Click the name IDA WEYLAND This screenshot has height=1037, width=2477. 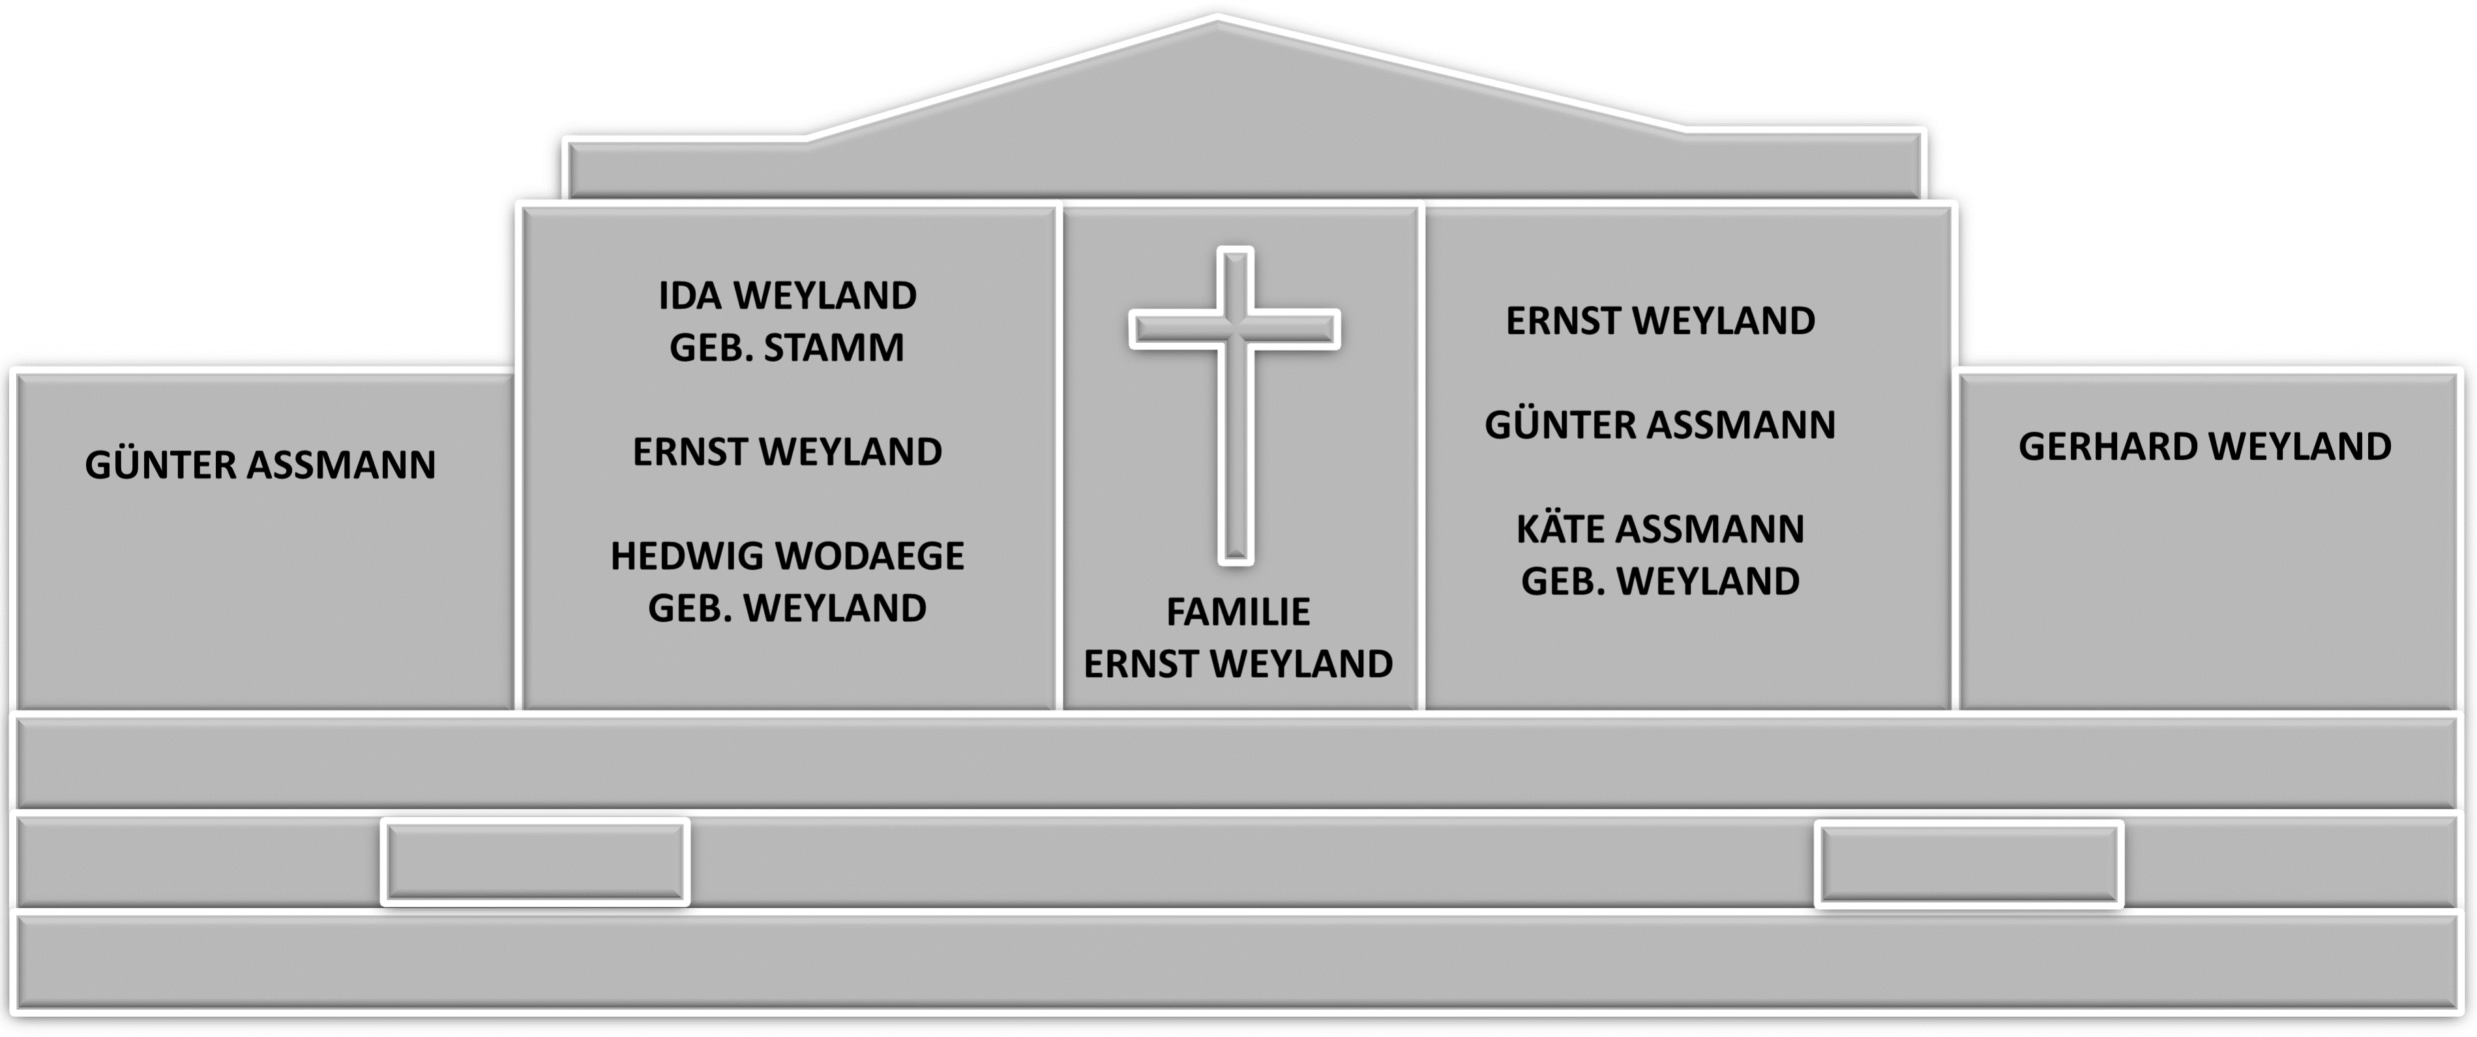786,296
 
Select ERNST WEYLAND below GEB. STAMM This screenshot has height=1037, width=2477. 786,452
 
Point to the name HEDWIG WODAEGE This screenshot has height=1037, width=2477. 786,555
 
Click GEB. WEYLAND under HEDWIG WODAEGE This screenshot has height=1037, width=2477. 786,607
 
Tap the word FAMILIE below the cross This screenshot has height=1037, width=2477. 1238,612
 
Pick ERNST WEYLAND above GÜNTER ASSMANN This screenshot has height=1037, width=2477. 1659,321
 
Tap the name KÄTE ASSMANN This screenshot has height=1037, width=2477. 1659,529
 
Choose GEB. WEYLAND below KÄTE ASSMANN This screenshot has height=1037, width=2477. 1659,581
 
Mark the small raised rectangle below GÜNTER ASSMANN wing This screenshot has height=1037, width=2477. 535,861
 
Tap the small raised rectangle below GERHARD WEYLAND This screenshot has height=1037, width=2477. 1968,863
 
